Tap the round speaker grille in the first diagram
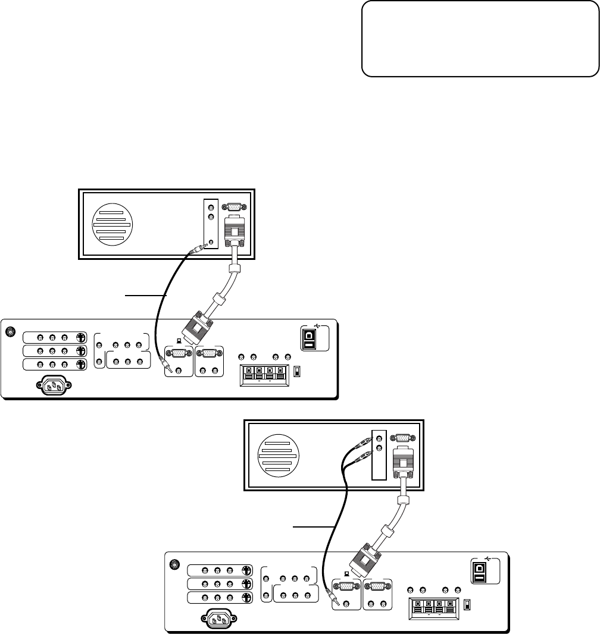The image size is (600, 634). (112, 225)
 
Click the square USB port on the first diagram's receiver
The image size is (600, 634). (308, 338)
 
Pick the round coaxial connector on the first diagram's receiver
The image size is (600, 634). (10, 332)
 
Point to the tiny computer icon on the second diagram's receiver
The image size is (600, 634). (346, 575)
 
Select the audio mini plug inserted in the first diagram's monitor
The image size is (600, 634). (196, 250)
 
